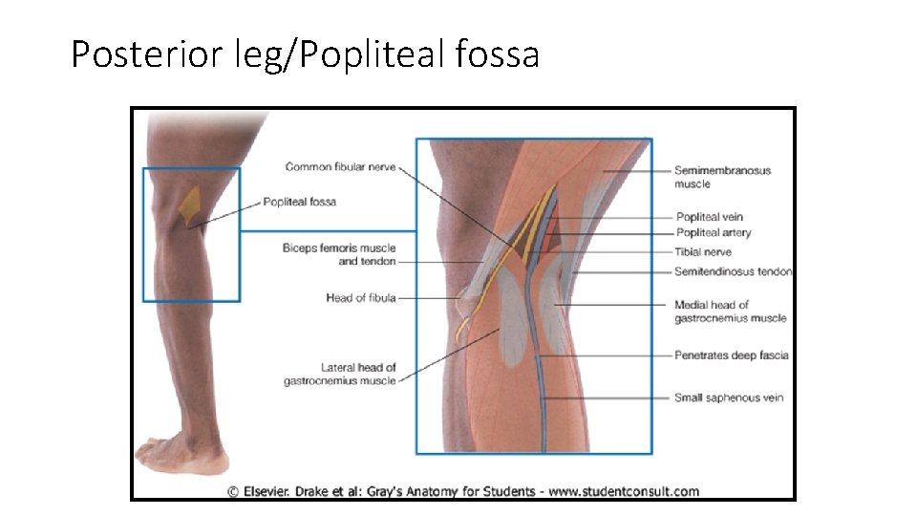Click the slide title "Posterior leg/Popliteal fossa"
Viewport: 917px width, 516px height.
[305, 54]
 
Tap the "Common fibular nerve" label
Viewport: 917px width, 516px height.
[340, 167]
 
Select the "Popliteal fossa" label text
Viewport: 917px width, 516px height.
[299, 202]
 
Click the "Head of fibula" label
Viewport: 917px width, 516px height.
[360, 298]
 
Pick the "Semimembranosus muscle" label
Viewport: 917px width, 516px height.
[722, 177]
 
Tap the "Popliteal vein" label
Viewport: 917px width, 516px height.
[709, 217]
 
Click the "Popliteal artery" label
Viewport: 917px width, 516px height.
[713, 232]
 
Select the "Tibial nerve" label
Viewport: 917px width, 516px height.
[703, 251]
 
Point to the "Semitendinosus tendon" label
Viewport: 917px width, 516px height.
[733, 271]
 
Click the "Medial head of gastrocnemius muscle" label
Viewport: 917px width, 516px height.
[730, 312]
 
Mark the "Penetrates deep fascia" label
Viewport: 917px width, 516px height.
[731, 355]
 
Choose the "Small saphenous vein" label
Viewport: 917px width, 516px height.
[728, 398]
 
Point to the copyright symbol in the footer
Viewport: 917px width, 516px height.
[233, 492]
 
